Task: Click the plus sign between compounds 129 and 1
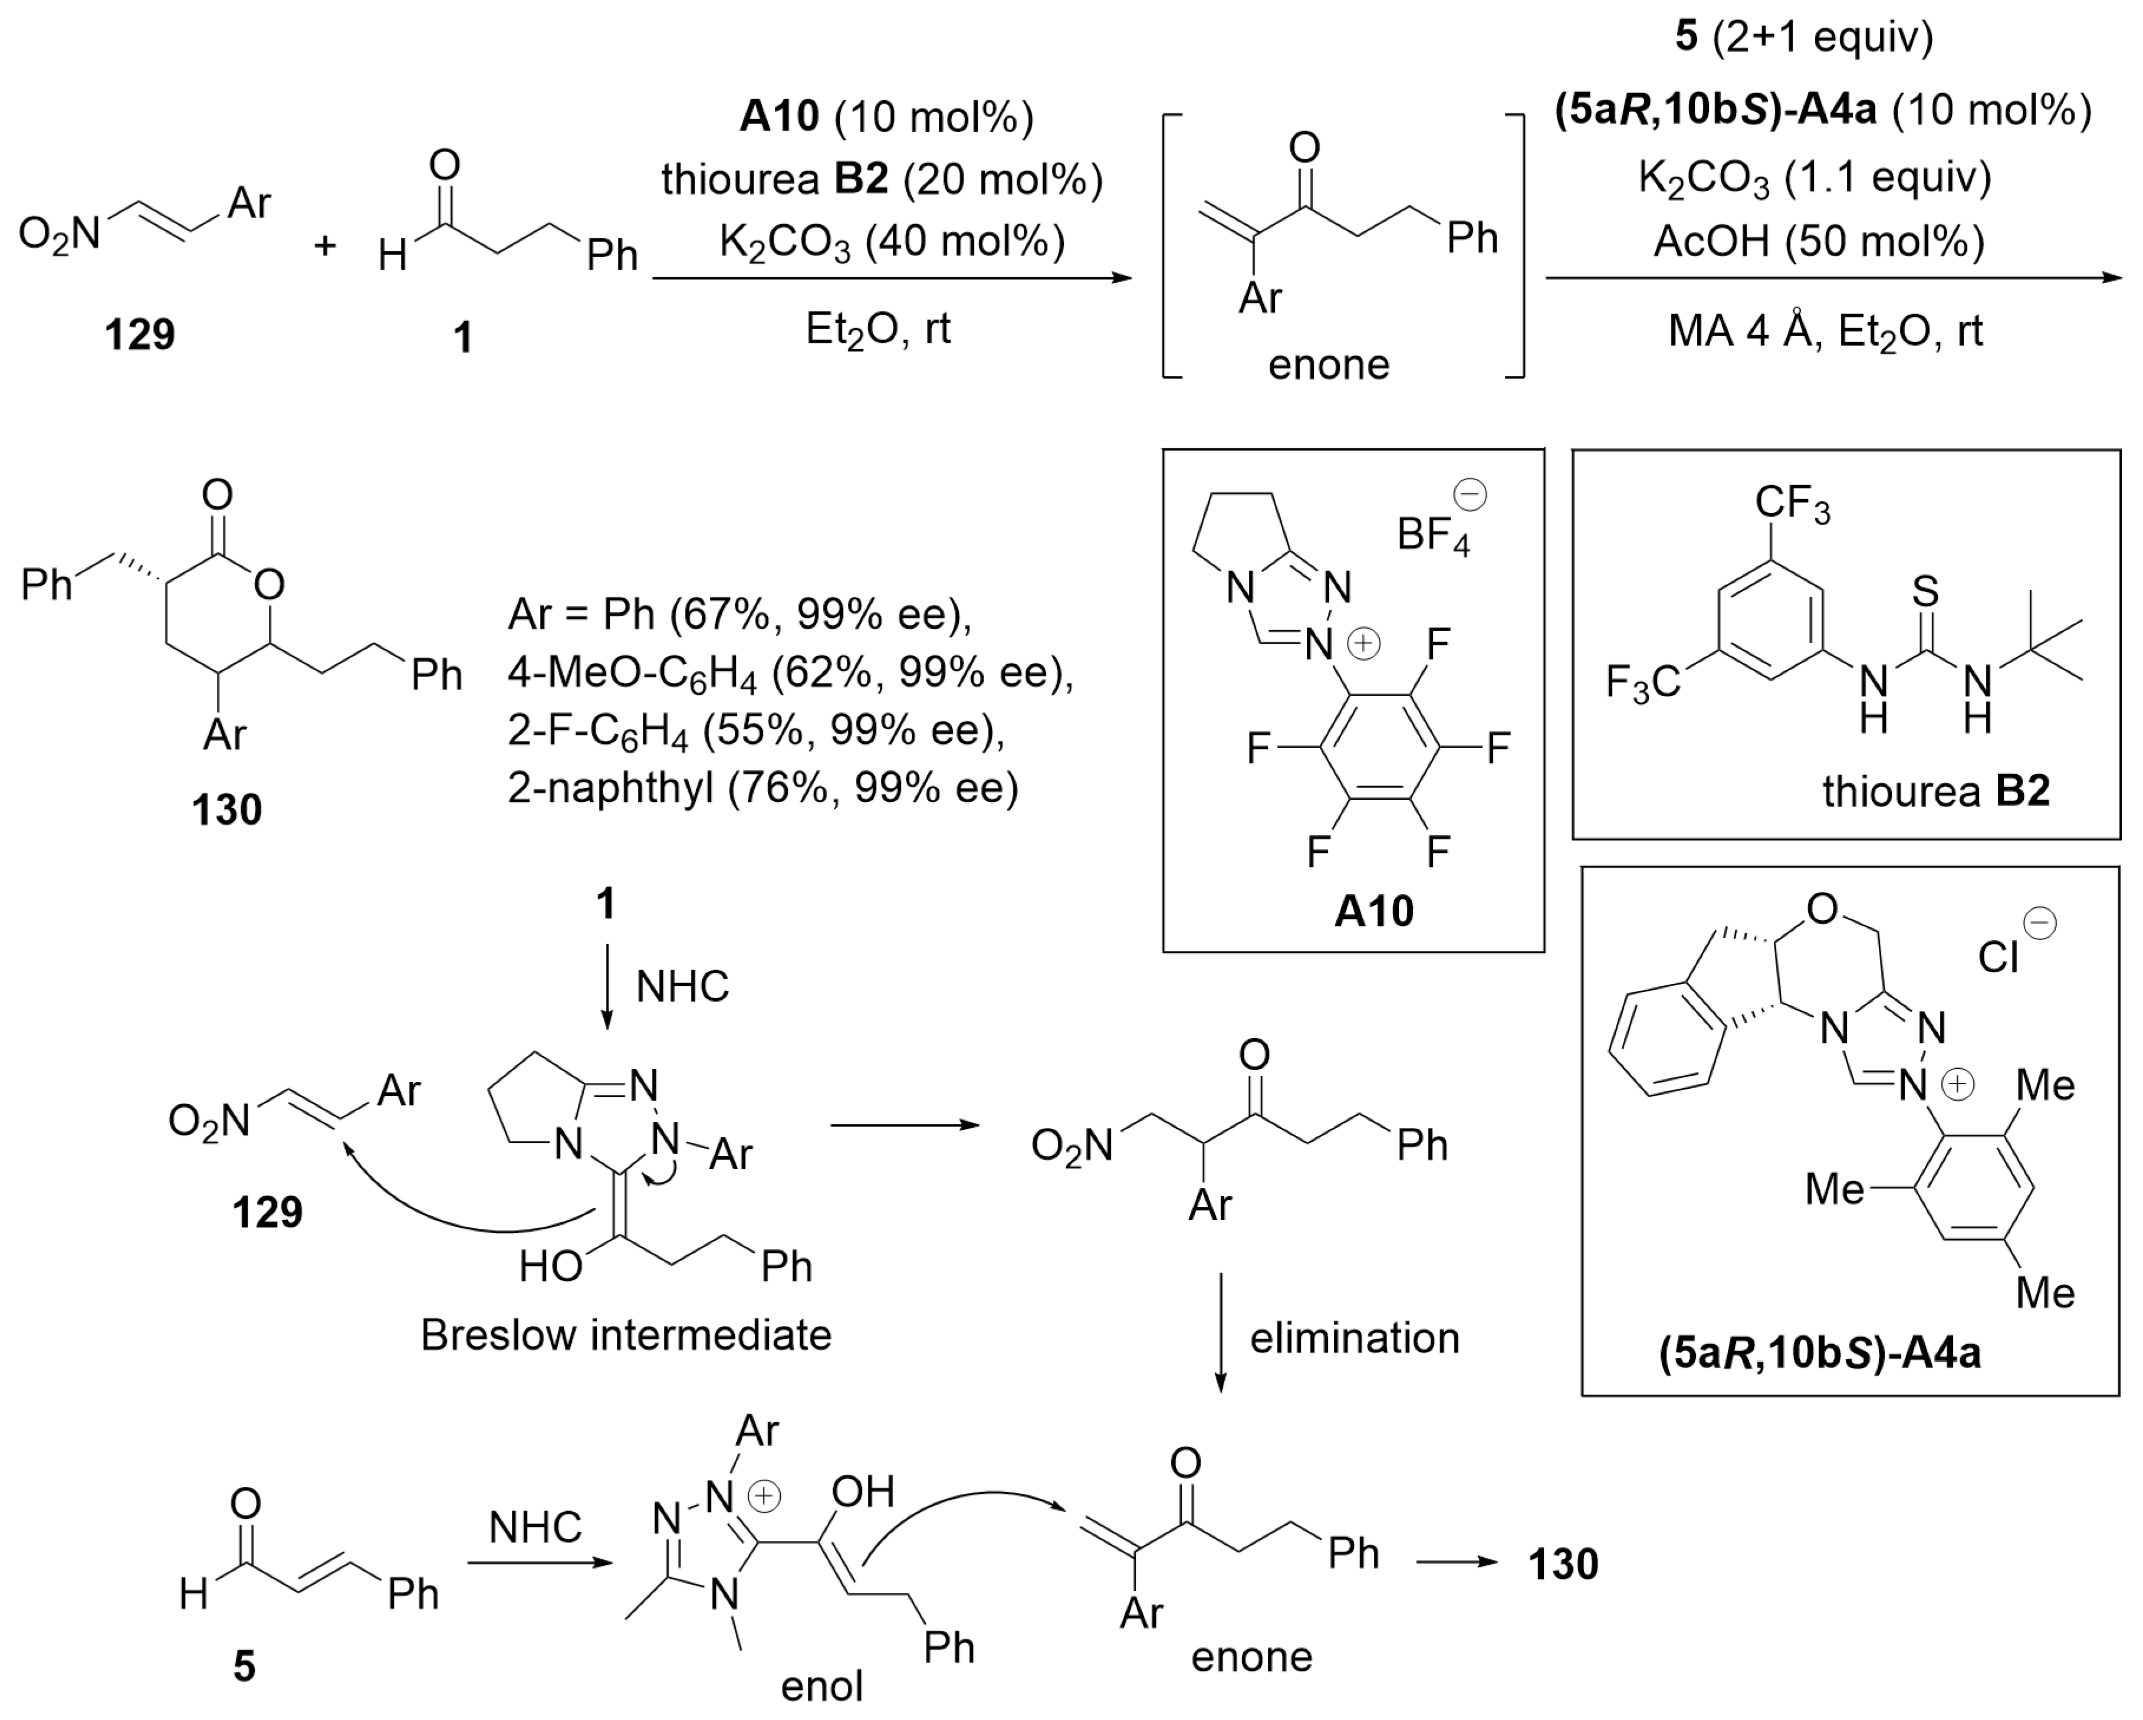pyautogui.click(x=325, y=245)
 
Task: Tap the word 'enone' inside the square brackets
pyautogui.click(x=1329, y=365)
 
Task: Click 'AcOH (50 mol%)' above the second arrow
pyautogui.click(x=1819, y=242)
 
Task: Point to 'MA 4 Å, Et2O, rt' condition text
pyautogui.click(x=1825, y=331)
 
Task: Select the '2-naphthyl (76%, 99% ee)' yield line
pyautogui.click(x=763, y=787)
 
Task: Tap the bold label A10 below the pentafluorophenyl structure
pyautogui.click(x=1373, y=911)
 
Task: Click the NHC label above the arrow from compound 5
pyautogui.click(x=535, y=1526)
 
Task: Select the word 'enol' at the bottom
pyautogui.click(x=821, y=1685)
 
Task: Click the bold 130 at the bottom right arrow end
pyautogui.click(x=1563, y=1564)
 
